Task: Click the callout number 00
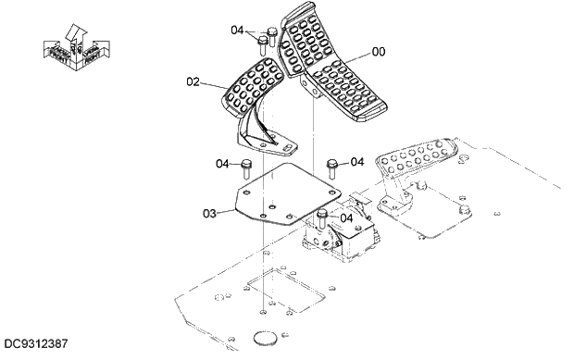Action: point(379,52)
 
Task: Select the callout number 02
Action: point(193,81)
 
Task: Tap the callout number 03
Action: point(209,213)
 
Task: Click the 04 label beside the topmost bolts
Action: point(238,31)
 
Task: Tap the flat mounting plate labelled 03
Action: point(282,196)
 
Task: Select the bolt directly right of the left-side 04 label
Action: point(247,169)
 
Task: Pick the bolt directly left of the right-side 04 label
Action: point(333,168)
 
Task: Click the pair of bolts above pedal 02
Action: point(267,39)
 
